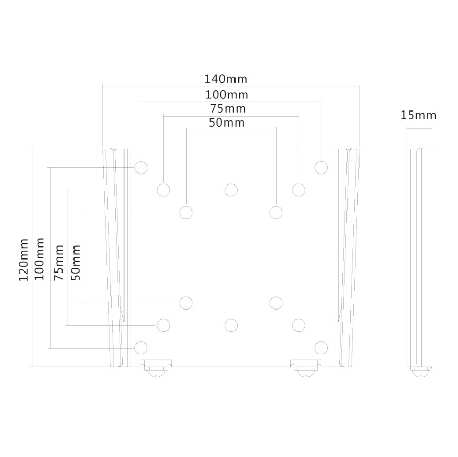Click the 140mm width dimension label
coord(226,79)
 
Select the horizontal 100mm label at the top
coord(227,95)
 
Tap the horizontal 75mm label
coord(228,109)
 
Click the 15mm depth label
coord(418,115)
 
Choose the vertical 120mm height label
coord(23,260)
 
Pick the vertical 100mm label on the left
coord(39,259)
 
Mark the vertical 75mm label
coord(58,263)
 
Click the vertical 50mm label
coord(76,263)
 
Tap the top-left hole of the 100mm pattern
coord(141,167)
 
